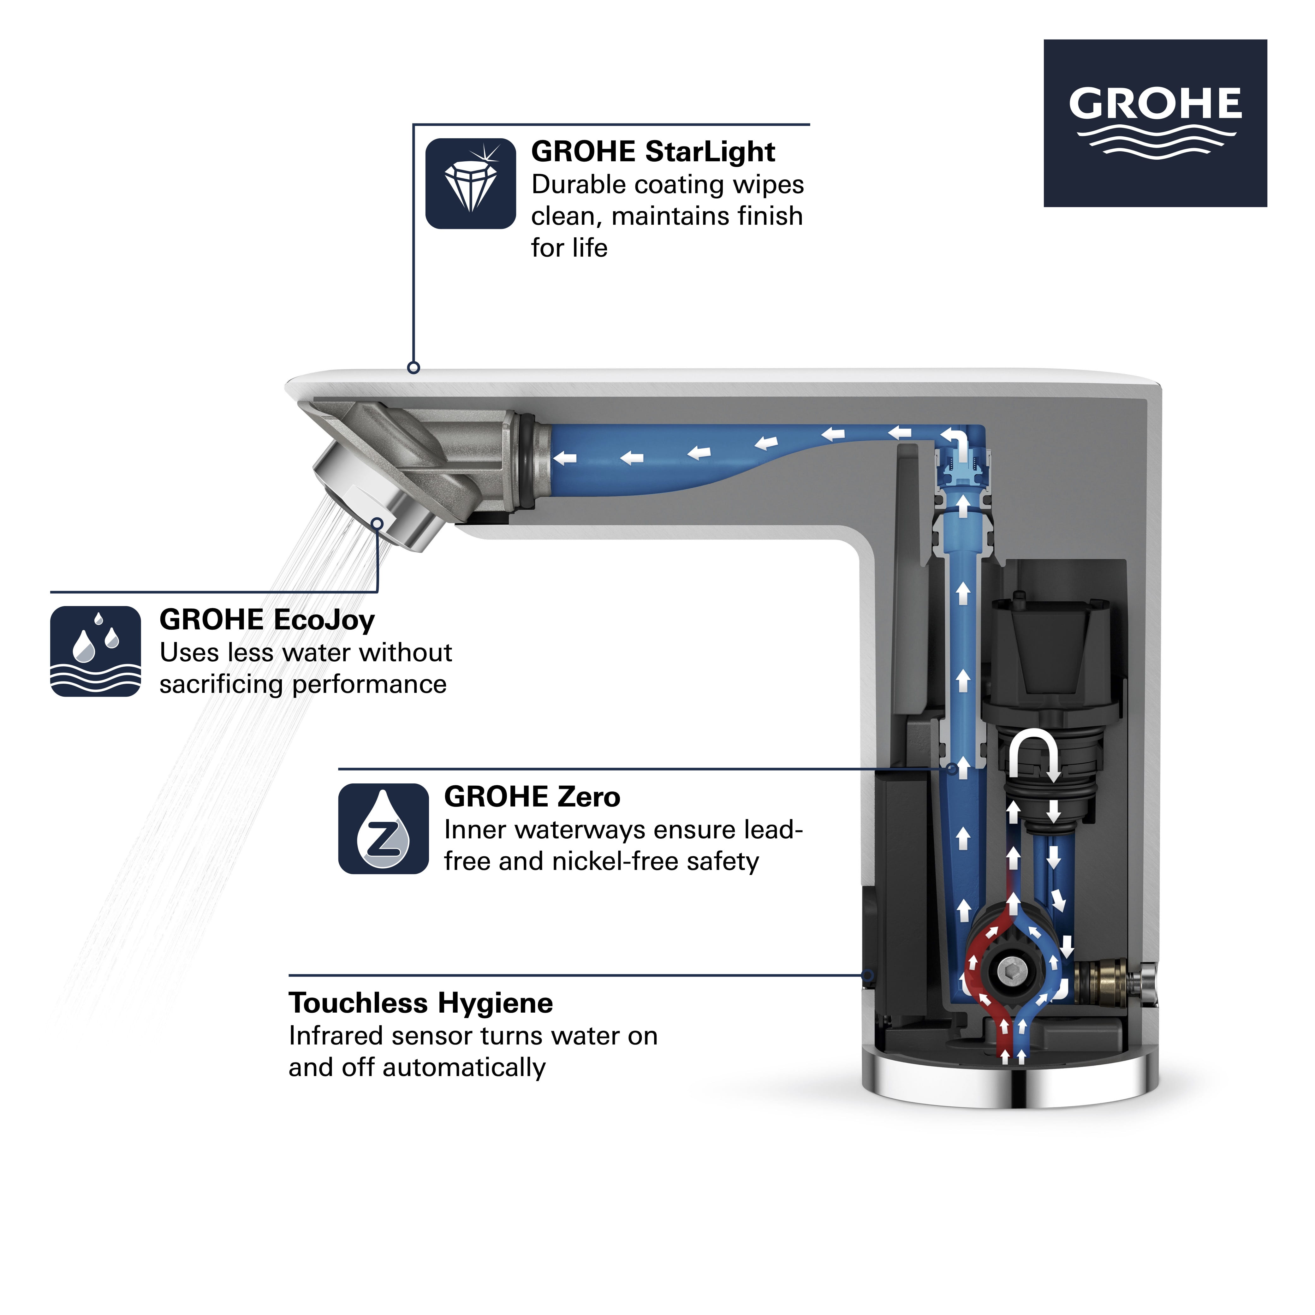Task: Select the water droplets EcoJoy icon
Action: [x=95, y=652]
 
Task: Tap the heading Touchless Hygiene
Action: [x=421, y=1003]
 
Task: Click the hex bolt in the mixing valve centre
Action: [x=1009, y=970]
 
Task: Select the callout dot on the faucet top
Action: [x=413, y=367]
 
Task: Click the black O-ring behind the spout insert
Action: [x=526, y=463]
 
